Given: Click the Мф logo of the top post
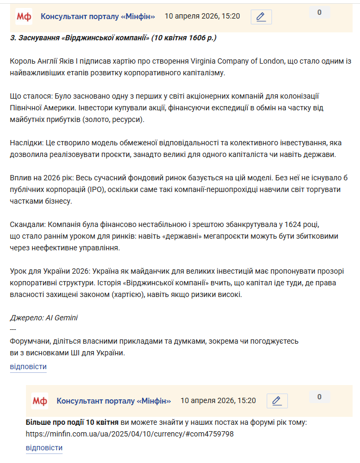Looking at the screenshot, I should [24, 17].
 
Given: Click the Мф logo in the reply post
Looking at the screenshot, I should [40, 401].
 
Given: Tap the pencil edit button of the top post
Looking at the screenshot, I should [261, 17].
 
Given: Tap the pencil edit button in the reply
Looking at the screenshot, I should [277, 401].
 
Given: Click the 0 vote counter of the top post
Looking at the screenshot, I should [319, 13].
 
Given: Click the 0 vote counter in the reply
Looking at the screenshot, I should [319, 397].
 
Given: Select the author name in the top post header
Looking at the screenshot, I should [98, 16].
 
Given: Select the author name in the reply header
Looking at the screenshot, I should [113, 400].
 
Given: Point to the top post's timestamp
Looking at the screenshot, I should [202, 16].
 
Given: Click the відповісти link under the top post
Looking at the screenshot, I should [28, 366].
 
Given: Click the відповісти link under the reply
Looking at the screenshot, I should [44, 448].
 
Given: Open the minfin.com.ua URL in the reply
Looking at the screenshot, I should [129, 434].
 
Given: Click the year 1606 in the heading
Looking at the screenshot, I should [196, 38].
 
